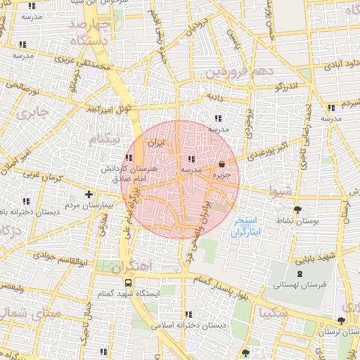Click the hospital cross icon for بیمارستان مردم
tap(89, 194)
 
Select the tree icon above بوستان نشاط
tap(299, 210)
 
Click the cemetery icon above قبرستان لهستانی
tap(300, 274)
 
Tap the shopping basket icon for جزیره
tap(223, 161)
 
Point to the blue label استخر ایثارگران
tap(245, 226)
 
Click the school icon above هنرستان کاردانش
tap(129, 158)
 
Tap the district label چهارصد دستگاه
tap(89, 33)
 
